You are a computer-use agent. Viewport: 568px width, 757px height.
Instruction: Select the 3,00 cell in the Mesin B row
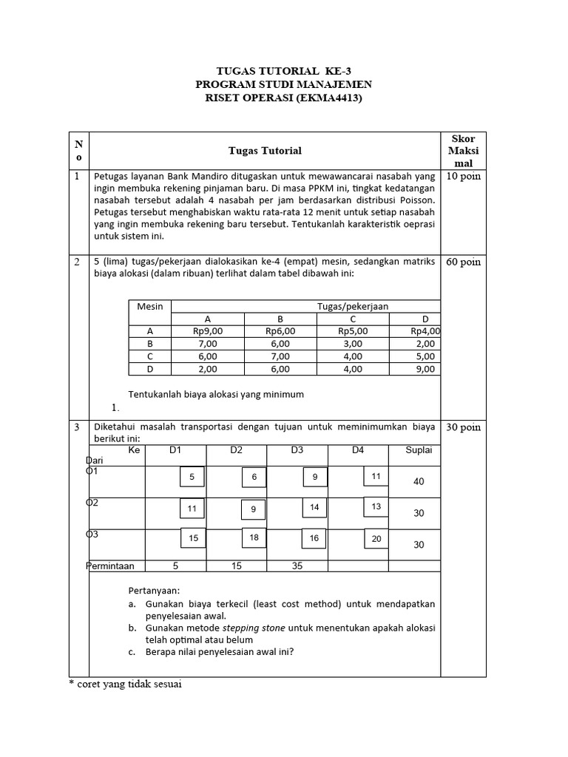(353, 344)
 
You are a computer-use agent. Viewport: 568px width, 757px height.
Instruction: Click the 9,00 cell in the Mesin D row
(425, 369)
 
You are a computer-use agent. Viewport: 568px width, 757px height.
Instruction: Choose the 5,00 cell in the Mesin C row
(425, 356)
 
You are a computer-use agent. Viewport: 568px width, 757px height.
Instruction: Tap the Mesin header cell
(150, 306)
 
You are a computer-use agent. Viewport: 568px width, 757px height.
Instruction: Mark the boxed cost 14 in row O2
(314, 508)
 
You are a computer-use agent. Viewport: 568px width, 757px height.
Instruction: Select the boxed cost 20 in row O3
(376, 539)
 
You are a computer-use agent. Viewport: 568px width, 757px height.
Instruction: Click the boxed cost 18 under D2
(254, 538)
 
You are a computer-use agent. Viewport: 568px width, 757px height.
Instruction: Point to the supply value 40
(419, 481)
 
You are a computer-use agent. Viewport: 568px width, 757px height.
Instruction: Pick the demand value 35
(297, 566)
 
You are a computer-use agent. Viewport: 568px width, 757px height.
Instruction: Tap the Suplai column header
(419, 449)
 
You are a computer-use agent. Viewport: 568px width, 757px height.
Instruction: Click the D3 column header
(297, 449)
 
